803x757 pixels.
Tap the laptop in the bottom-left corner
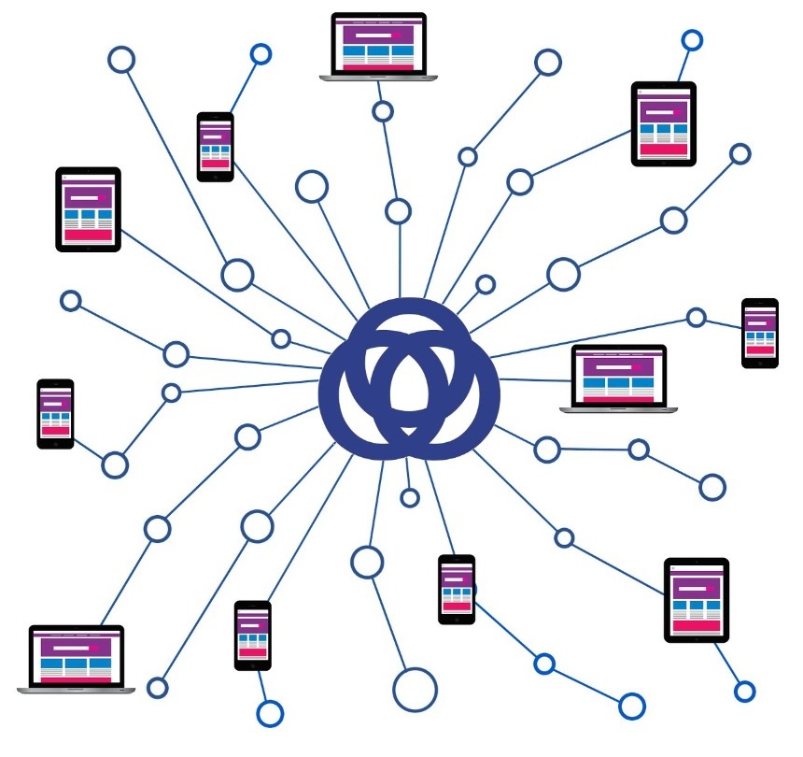point(76,659)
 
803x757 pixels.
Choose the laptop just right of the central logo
point(618,378)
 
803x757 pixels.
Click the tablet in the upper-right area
point(664,123)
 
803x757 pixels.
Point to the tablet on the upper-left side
point(89,209)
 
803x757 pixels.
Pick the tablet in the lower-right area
point(697,600)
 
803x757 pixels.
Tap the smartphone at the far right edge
point(759,333)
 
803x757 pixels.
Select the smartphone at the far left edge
point(55,413)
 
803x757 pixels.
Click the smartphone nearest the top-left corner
point(215,146)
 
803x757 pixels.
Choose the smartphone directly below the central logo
point(457,589)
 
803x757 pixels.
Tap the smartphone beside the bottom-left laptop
point(252,635)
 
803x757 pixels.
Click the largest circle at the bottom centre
point(415,691)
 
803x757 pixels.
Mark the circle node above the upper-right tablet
point(692,40)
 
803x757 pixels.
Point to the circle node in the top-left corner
point(121,60)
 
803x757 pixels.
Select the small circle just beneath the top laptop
point(382,112)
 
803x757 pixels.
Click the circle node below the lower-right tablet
point(744,692)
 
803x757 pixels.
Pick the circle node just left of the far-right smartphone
point(696,318)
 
